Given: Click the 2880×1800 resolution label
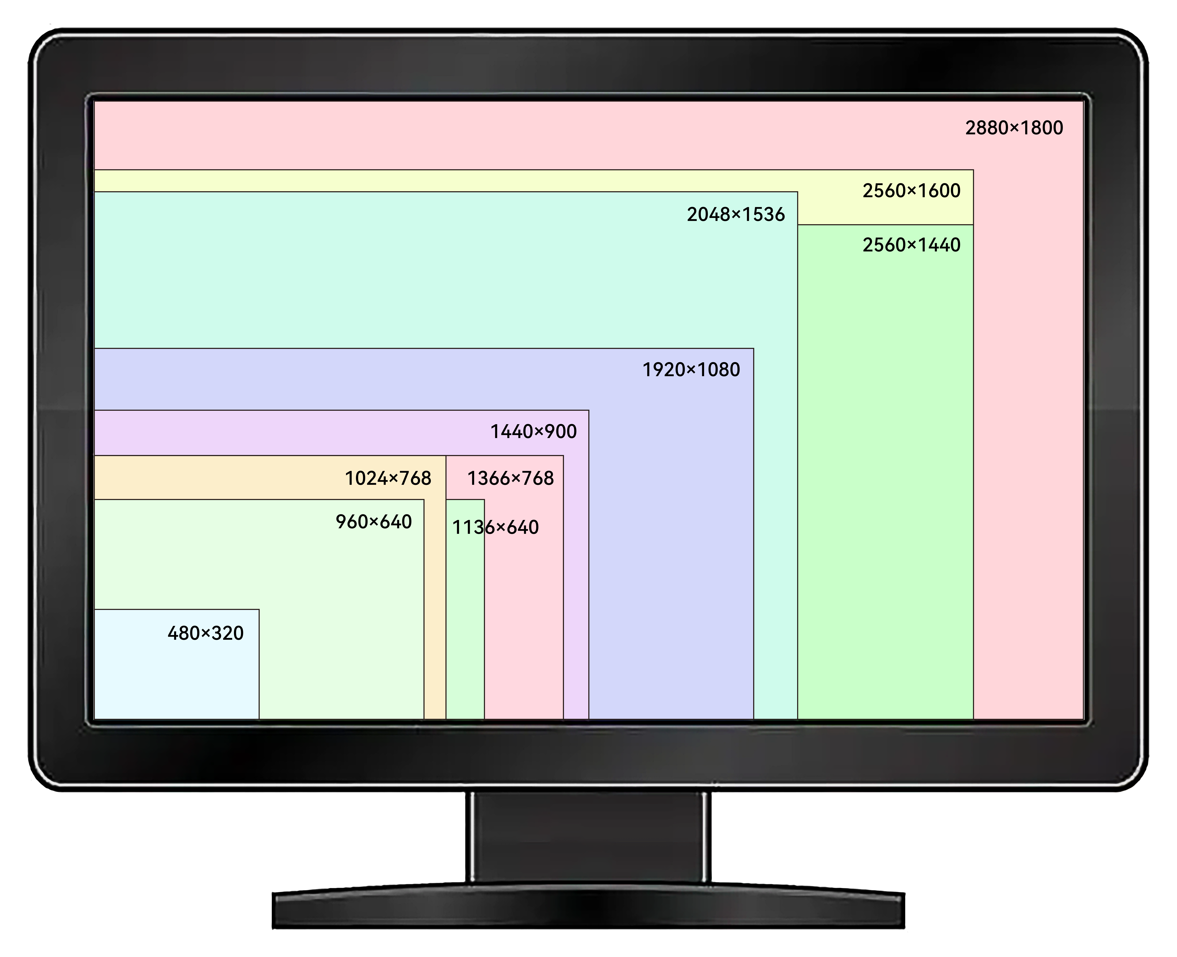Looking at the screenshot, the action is pos(1014,128).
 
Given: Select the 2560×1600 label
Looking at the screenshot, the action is pos(911,191).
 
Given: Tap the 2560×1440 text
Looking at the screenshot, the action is pos(911,245).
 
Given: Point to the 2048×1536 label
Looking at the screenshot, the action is pos(735,214).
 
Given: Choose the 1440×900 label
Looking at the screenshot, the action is pos(533,431).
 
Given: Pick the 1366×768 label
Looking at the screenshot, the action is pos(510,478).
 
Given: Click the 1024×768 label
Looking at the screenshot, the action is pos(388,478).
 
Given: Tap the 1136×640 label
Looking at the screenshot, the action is pos(495,528).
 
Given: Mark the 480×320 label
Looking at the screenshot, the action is pos(205,633).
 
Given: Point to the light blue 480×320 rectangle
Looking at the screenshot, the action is pos(176,664).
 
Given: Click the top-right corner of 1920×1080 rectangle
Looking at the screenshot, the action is pos(754,348).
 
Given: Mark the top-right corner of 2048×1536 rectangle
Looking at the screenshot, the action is pos(798,192).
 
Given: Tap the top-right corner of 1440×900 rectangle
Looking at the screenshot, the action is pos(589,410).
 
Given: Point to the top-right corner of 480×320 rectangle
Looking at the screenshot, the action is pos(259,609).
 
